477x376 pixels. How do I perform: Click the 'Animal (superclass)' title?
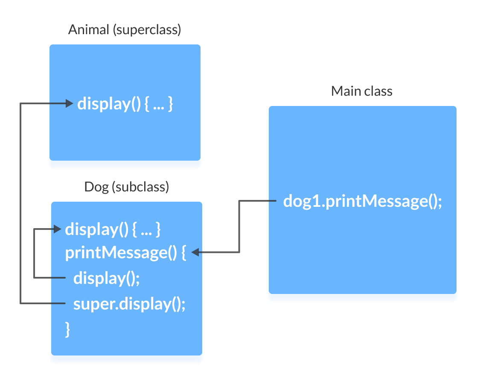125,30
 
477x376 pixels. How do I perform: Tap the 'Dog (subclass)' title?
127,187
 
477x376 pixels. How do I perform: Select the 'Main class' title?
362,91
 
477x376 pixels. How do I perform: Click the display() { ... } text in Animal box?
125,104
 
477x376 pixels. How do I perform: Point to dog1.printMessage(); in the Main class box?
362,201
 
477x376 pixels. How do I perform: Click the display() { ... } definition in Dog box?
113,230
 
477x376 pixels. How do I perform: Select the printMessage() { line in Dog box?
125,253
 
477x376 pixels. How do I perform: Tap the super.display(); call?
129,304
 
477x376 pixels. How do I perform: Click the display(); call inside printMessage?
107,278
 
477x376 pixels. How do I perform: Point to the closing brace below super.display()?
67,329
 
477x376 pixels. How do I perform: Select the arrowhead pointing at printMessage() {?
195,253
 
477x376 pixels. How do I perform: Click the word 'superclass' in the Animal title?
147,30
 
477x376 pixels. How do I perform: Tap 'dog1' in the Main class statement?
301,201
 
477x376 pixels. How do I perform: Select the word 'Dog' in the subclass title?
96,187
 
